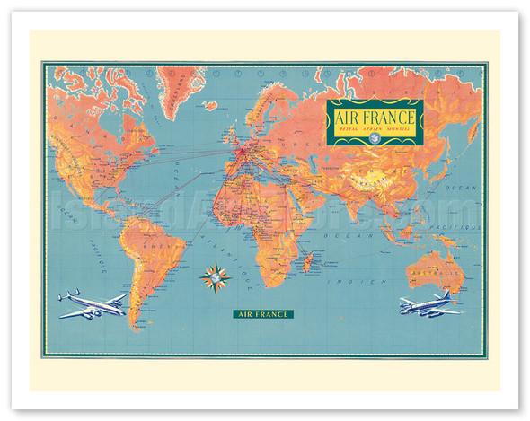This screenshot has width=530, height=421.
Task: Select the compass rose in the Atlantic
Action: coord(215,277)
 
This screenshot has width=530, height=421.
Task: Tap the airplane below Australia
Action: coord(429,304)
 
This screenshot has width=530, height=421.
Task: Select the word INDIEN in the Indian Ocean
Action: coord(355,280)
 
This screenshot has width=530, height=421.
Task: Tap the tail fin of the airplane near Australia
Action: coord(446,297)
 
